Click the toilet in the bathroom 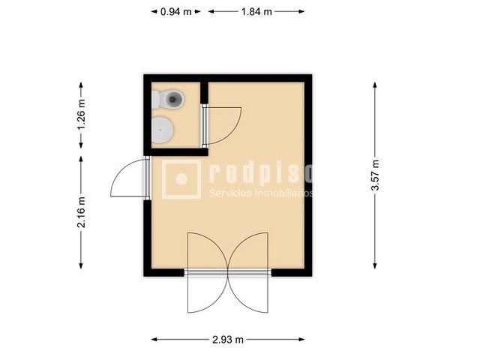click(169, 98)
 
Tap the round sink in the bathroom click(163, 130)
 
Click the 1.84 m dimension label click(256, 11)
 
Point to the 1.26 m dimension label click(81, 114)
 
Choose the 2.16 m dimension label click(81, 212)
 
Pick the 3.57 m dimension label click(375, 175)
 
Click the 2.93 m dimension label click(228, 340)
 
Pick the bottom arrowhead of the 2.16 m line click(81, 267)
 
